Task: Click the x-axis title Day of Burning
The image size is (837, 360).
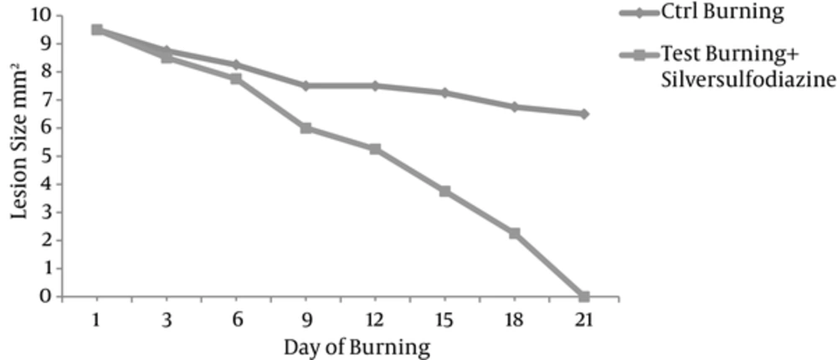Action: (x=357, y=346)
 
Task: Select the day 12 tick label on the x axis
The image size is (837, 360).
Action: (x=375, y=321)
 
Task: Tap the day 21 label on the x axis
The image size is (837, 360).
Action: (x=583, y=321)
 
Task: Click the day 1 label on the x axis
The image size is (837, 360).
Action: (x=97, y=321)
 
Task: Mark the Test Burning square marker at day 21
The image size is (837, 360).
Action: (x=583, y=296)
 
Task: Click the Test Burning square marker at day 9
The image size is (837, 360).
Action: (x=306, y=128)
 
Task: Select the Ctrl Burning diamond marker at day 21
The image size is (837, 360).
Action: (x=583, y=114)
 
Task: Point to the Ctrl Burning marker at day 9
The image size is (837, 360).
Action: (x=306, y=85)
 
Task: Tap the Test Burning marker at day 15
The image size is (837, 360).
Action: (x=444, y=191)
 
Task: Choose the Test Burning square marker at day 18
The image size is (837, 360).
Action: (x=514, y=233)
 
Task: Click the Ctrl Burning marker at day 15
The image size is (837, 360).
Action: (x=444, y=92)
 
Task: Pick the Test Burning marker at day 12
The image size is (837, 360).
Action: (x=375, y=149)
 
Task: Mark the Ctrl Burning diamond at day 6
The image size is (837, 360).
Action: (x=236, y=64)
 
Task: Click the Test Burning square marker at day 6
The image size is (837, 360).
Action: (x=236, y=79)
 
